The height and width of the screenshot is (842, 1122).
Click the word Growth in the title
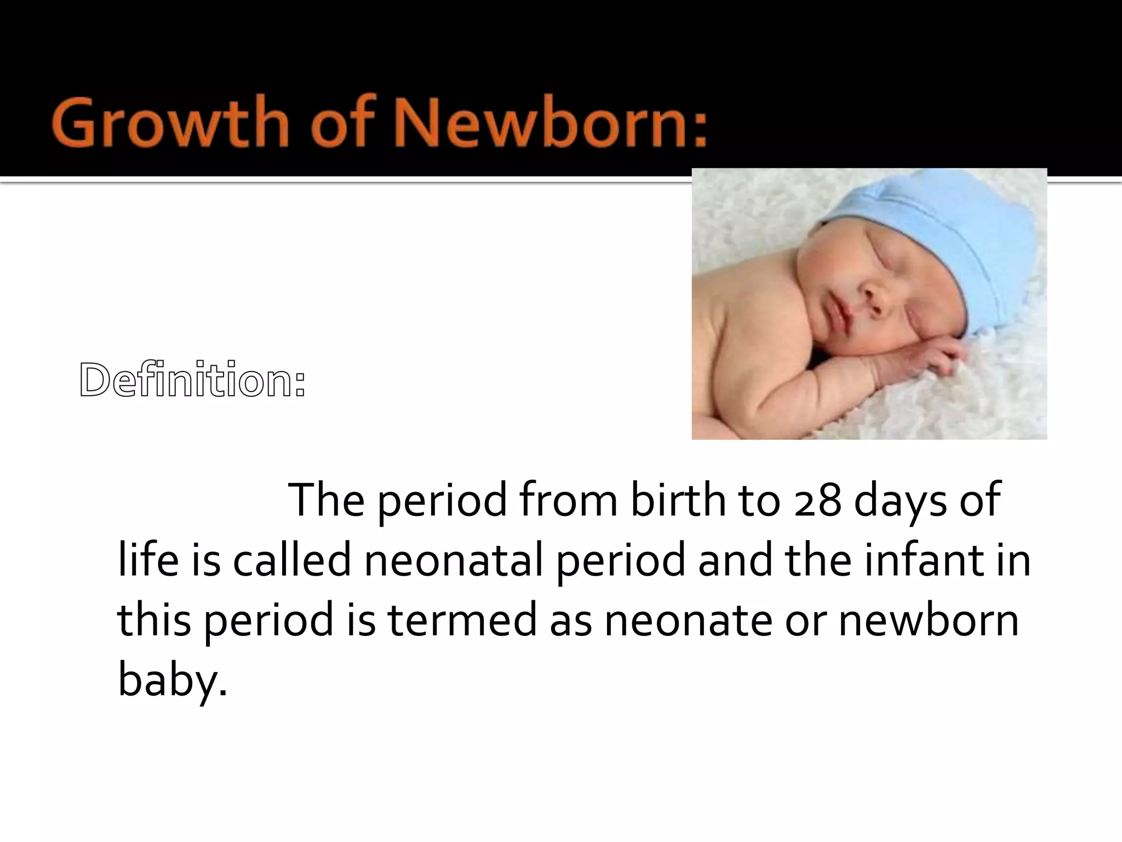pyautogui.click(x=170, y=122)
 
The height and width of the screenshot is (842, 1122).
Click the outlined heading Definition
pyautogui.click(x=192, y=380)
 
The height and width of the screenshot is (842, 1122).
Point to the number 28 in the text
pyautogui.click(x=817, y=500)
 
